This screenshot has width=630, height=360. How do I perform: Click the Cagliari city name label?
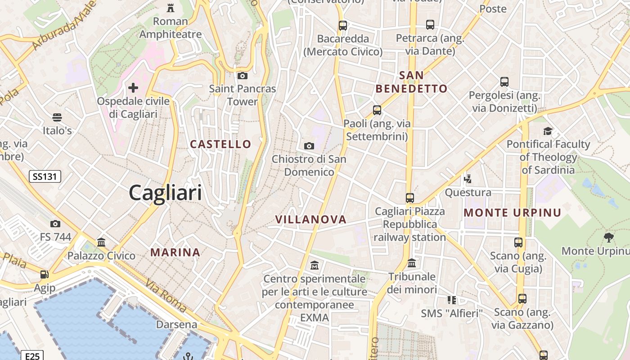coord(165,193)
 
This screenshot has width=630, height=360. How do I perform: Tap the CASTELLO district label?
coord(220,144)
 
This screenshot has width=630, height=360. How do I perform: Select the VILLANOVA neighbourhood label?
coord(311,220)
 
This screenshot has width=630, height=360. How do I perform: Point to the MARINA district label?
coord(175,252)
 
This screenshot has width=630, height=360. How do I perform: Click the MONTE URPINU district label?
coord(513,213)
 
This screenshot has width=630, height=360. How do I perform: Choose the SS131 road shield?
coord(45,176)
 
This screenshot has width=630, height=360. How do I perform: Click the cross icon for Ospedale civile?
coord(133,87)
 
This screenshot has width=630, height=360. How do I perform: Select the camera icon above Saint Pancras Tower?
coord(243,76)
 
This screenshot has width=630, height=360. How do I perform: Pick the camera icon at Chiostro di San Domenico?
coord(309,146)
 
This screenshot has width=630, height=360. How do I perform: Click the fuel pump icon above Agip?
coord(44,274)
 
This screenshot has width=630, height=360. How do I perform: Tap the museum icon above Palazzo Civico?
coord(101,243)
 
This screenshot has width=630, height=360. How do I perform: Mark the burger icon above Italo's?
coord(57,117)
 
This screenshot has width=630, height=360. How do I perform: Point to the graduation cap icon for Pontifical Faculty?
coord(548,131)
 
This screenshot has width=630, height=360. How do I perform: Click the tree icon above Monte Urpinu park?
coord(609,237)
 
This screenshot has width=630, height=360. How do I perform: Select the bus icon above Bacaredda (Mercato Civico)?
coord(343,25)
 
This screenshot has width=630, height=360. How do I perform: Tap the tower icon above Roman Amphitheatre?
coord(171,8)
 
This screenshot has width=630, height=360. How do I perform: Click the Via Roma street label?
coord(166,296)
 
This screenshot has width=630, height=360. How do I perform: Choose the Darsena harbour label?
coord(177,324)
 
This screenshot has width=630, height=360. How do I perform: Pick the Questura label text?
coord(468,193)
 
